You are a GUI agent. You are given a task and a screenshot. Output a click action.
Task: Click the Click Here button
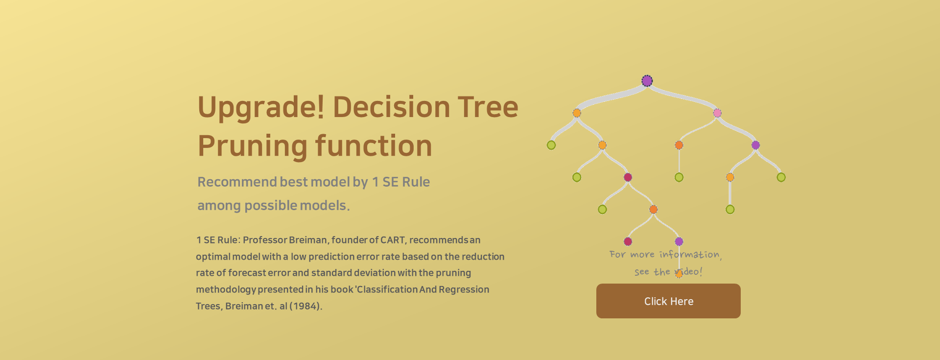click(x=668, y=301)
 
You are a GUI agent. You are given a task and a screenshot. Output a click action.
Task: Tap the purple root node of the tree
click(x=647, y=81)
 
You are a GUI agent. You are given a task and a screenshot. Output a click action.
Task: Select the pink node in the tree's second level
click(x=717, y=113)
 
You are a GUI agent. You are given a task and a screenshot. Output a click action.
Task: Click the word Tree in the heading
click(x=488, y=107)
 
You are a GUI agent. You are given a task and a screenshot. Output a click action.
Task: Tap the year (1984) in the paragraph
click(x=306, y=306)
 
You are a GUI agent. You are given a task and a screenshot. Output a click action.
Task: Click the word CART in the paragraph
click(x=393, y=240)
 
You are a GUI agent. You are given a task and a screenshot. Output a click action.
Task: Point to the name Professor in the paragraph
click(x=265, y=240)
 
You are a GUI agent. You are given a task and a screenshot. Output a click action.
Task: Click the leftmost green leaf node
click(x=551, y=145)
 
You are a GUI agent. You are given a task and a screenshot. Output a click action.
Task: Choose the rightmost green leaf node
click(x=781, y=177)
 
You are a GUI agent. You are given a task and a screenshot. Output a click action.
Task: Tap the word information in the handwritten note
click(x=689, y=254)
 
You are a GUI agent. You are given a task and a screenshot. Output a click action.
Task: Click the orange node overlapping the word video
click(x=679, y=274)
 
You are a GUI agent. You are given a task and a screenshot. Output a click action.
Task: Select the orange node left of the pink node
click(x=577, y=113)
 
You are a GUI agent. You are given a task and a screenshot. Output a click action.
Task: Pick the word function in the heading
click(x=374, y=146)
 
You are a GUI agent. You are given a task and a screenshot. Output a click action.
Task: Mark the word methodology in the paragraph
click(x=226, y=289)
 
